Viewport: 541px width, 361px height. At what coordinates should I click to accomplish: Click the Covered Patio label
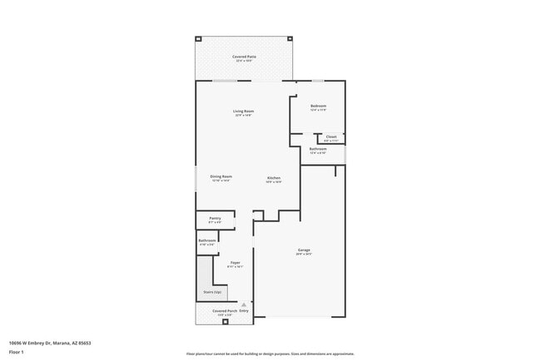pos(246,56)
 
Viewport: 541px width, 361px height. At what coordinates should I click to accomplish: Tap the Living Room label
pos(243,111)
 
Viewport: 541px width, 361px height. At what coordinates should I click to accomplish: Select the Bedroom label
pos(318,106)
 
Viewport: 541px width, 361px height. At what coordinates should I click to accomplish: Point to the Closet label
pos(330,136)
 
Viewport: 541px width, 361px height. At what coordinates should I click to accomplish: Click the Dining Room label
pos(221,176)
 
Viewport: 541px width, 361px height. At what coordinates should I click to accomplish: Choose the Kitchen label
pos(273,178)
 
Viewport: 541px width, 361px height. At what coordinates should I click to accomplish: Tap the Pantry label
pos(215,219)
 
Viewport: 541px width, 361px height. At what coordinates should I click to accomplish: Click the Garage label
pos(304,250)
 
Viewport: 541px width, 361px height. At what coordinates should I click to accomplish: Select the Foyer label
pos(236,263)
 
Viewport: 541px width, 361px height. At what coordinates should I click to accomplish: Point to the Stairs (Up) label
pos(212,293)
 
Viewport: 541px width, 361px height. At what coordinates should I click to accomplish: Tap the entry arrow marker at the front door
pos(243,305)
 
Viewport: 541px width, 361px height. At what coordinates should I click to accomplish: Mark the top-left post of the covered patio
pos(198,38)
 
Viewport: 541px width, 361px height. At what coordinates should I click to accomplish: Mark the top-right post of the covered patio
pos(290,38)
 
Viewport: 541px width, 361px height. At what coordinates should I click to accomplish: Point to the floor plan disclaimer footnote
pos(270,353)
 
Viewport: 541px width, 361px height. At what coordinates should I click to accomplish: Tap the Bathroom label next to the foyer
pos(207,241)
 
